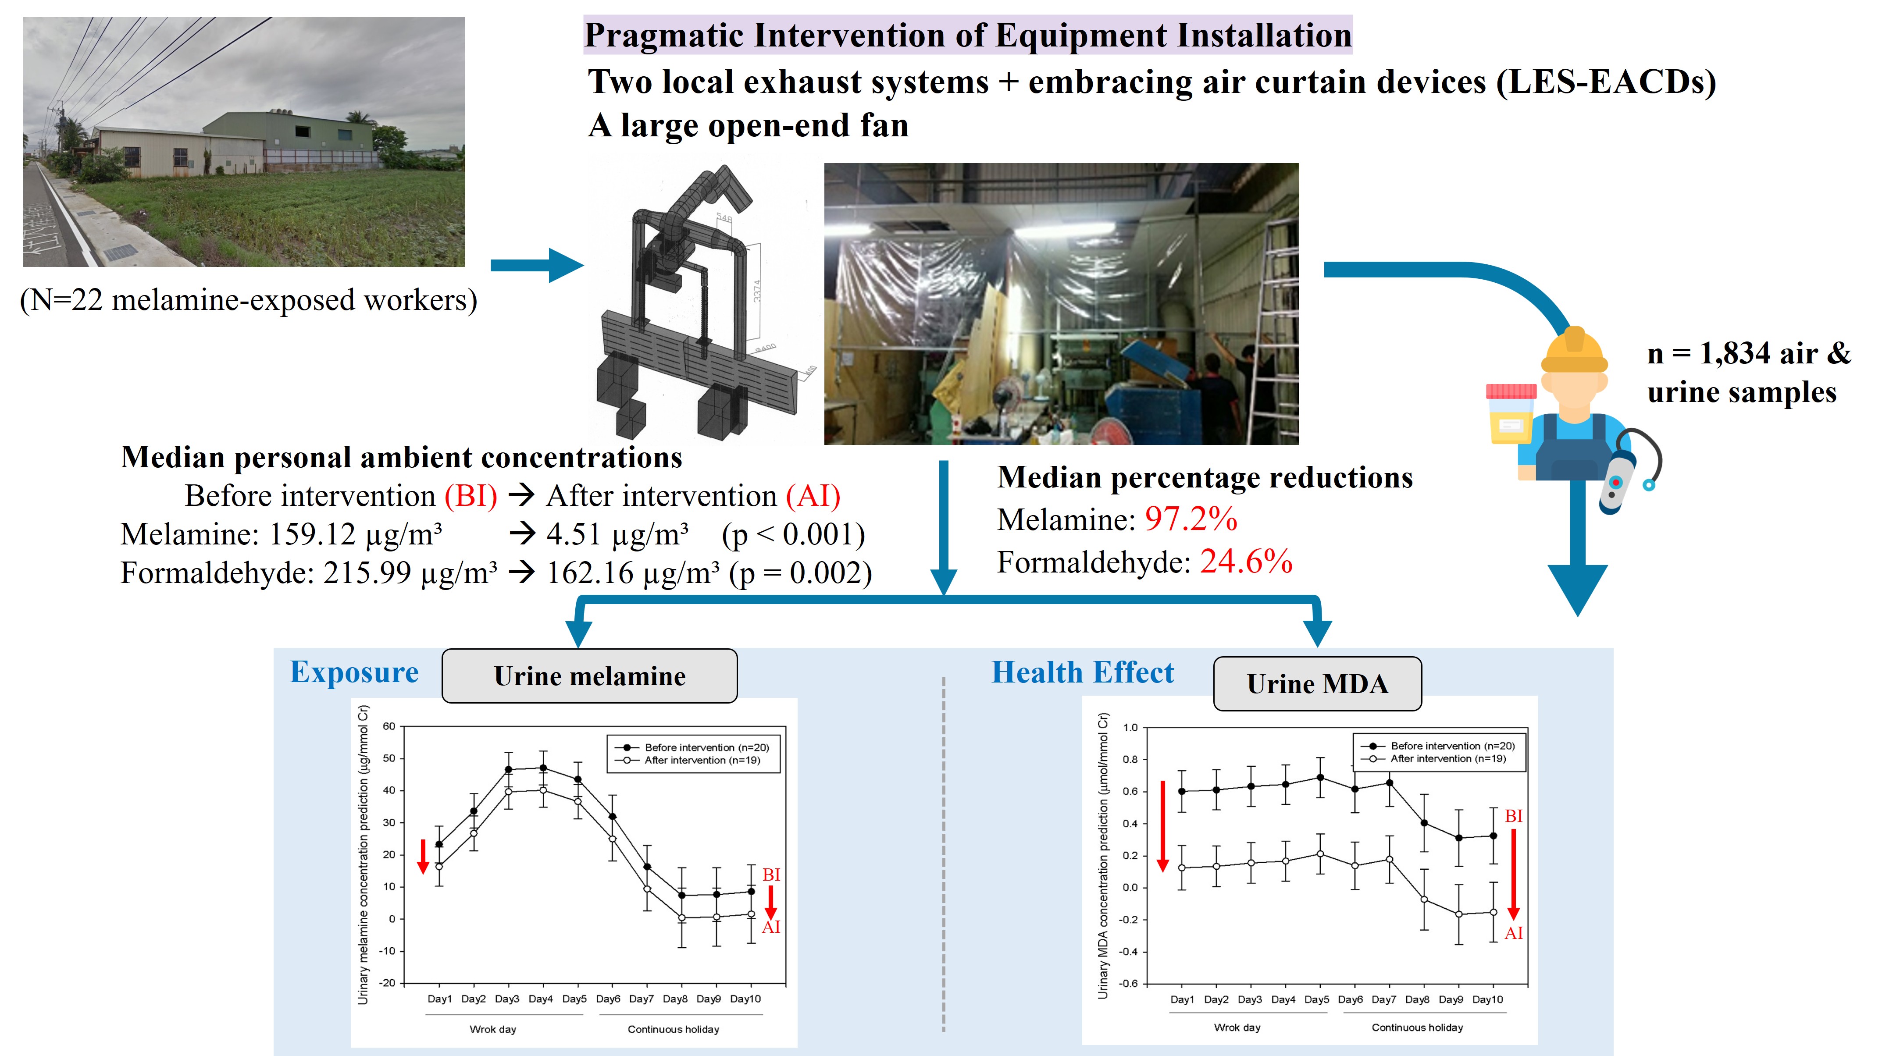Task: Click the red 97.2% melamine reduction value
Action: click(x=1191, y=519)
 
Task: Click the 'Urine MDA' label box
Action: click(x=1317, y=683)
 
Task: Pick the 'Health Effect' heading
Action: click(x=1082, y=672)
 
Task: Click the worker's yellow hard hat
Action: click(x=1574, y=350)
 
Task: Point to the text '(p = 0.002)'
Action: click(x=800, y=573)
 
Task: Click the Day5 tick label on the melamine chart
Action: click(x=574, y=999)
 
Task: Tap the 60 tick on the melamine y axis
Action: click(x=389, y=726)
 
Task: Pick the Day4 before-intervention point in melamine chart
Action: click(x=543, y=768)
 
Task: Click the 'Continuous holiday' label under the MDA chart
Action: click(x=1417, y=1027)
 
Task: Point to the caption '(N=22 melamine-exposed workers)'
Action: click(x=249, y=300)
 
